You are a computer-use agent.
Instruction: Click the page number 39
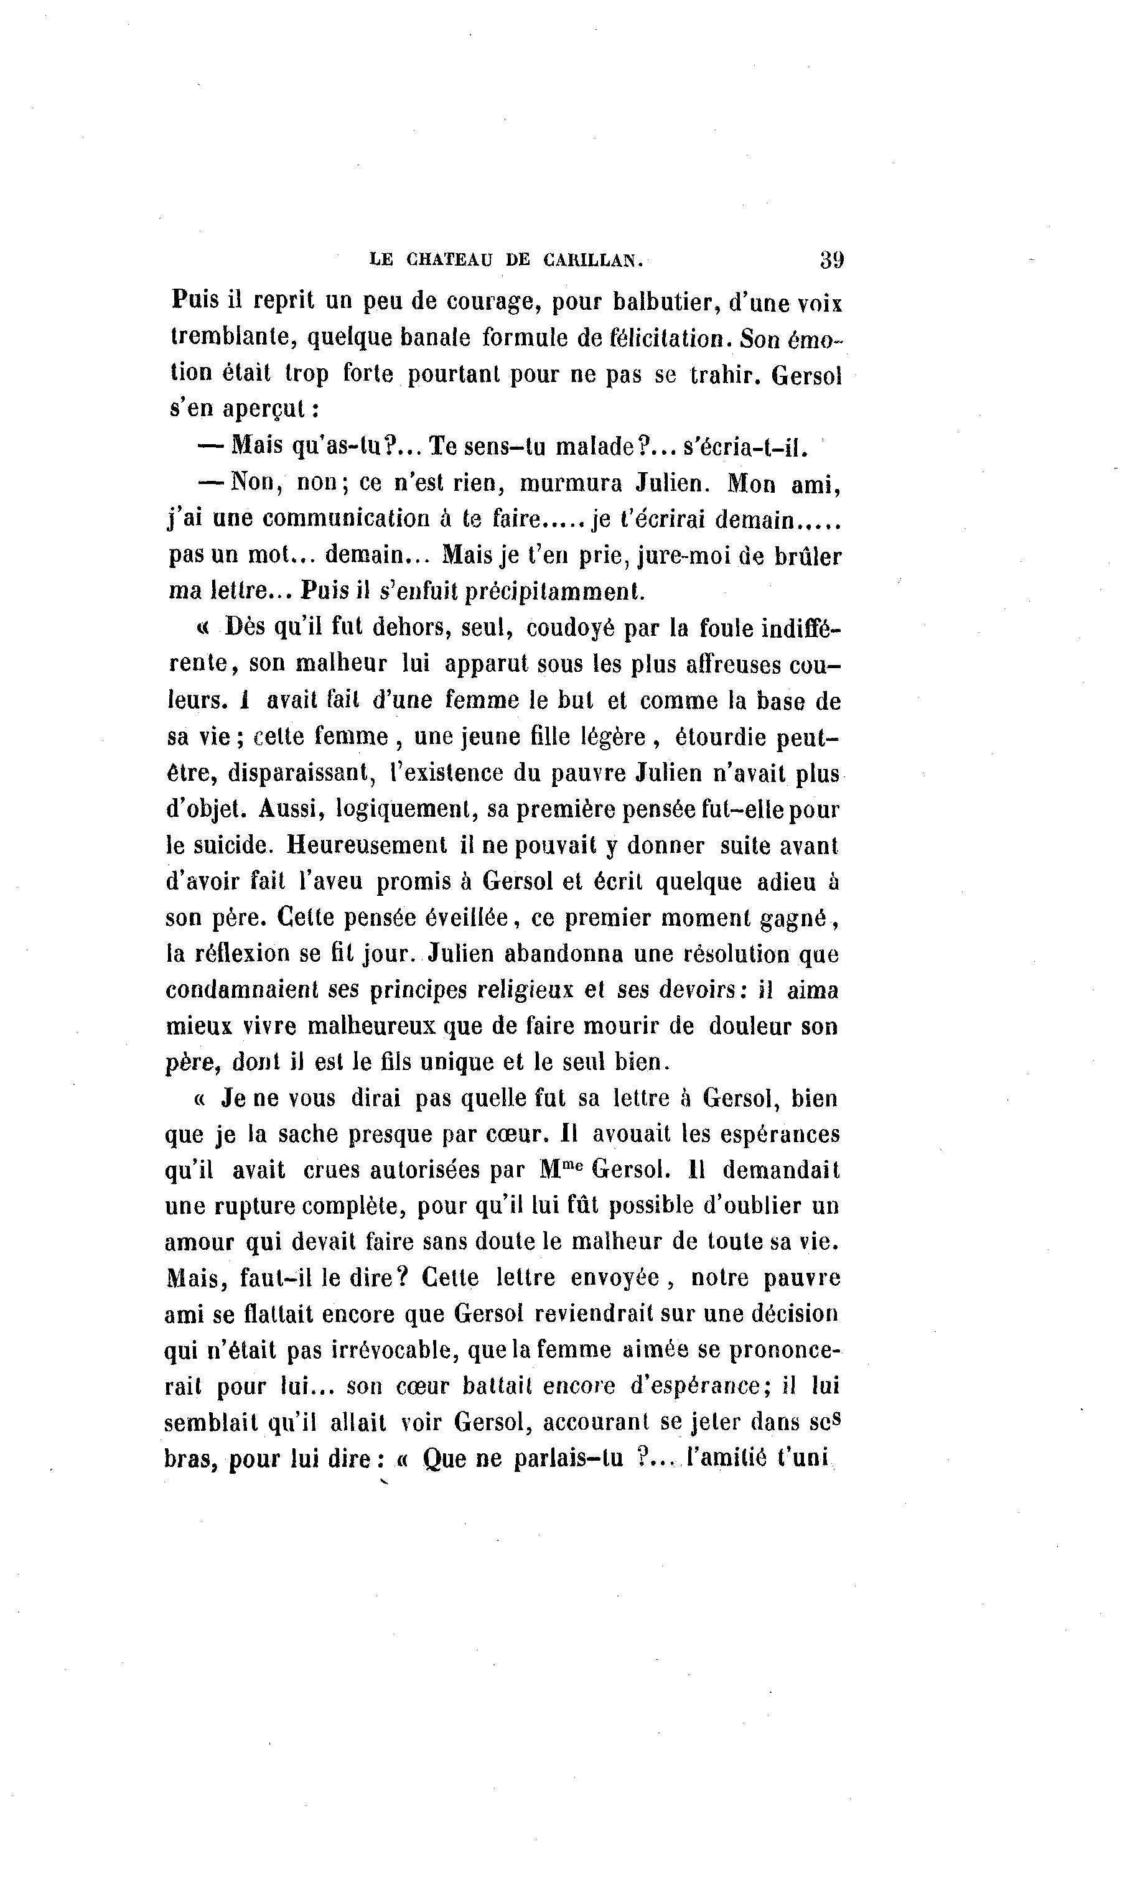831,259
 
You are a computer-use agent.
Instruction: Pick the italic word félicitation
666,337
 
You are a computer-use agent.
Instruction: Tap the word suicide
230,845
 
